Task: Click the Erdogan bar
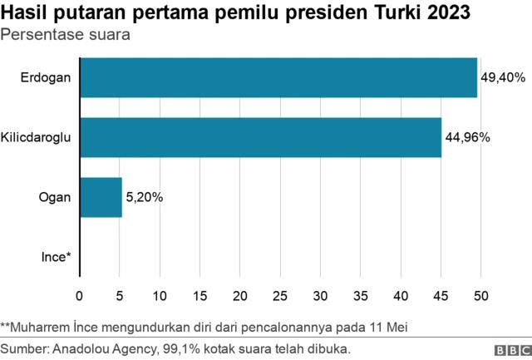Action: click(x=278, y=77)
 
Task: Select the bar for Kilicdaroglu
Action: click(x=260, y=137)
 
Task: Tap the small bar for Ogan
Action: click(x=101, y=197)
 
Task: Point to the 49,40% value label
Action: click(x=504, y=77)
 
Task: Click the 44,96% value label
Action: click(x=468, y=137)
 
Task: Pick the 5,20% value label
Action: click(x=145, y=197)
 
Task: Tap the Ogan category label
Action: click(x=55, y=197)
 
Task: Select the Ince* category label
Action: click(x=57, y=257)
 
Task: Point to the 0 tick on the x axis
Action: click(x=80, y=294)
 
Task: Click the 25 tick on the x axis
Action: click(x=280, y=294)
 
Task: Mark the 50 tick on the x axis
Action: click(x=480, y=294)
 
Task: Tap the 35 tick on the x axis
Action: click(x=360, y=294)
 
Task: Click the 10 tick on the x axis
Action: click(x=160, y=294)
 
